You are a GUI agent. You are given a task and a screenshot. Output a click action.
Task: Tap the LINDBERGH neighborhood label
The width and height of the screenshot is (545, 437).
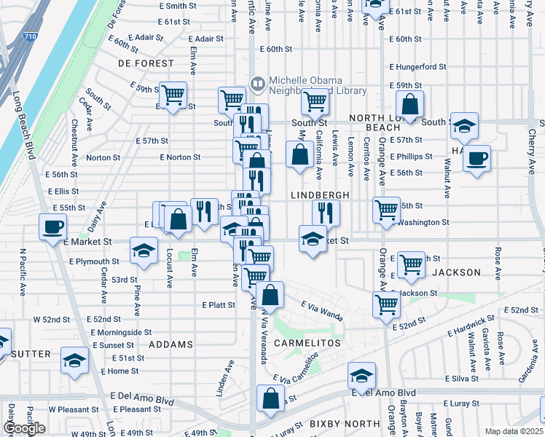coord(320,195)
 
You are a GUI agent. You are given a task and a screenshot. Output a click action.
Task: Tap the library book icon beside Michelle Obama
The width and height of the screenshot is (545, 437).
coord(256,84)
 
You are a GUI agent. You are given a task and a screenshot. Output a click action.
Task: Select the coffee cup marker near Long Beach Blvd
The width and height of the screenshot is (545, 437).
coord(52,228)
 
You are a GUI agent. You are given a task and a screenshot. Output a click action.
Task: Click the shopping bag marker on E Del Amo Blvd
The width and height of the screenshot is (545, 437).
coord(270,398)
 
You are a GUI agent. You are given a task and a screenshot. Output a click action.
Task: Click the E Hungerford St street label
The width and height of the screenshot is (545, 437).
coord(417,66)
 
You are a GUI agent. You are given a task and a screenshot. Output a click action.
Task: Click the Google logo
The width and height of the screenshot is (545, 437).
coord(24,428)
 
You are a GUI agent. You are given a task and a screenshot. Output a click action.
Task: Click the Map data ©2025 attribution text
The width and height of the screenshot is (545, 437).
coord(514,431)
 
